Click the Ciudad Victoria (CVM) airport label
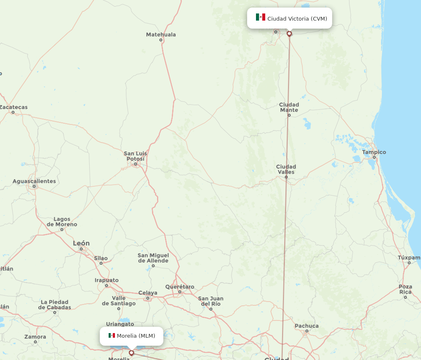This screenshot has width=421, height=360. coord(297,19)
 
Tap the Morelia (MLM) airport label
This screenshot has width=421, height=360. coord(136,336)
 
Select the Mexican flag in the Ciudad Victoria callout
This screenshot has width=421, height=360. coord(261,17)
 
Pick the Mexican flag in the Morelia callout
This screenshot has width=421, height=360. coord(112,335)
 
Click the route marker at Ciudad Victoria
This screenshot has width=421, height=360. coord(289,34)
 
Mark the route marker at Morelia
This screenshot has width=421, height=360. coord(131,353)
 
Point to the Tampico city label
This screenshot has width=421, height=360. coord(374,152)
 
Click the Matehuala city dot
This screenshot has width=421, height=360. coord(161,40)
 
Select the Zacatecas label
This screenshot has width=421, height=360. coord(13,107)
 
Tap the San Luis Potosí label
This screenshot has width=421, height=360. coord(135,156)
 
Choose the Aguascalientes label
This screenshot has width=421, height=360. coord(34,181)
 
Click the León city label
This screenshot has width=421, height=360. coord(81,243)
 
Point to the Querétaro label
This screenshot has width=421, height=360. coord(180,287)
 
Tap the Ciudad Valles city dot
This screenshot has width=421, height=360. coord(286,177)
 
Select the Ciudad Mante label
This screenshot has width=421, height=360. coord(289,107)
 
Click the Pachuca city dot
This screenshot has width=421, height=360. coord(306,331)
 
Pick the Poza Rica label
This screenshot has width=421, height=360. coord(405,289)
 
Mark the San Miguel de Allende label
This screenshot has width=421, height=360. coord(153,258)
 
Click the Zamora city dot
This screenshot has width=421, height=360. coord(35,342)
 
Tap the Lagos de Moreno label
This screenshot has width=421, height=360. coord(62,222)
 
